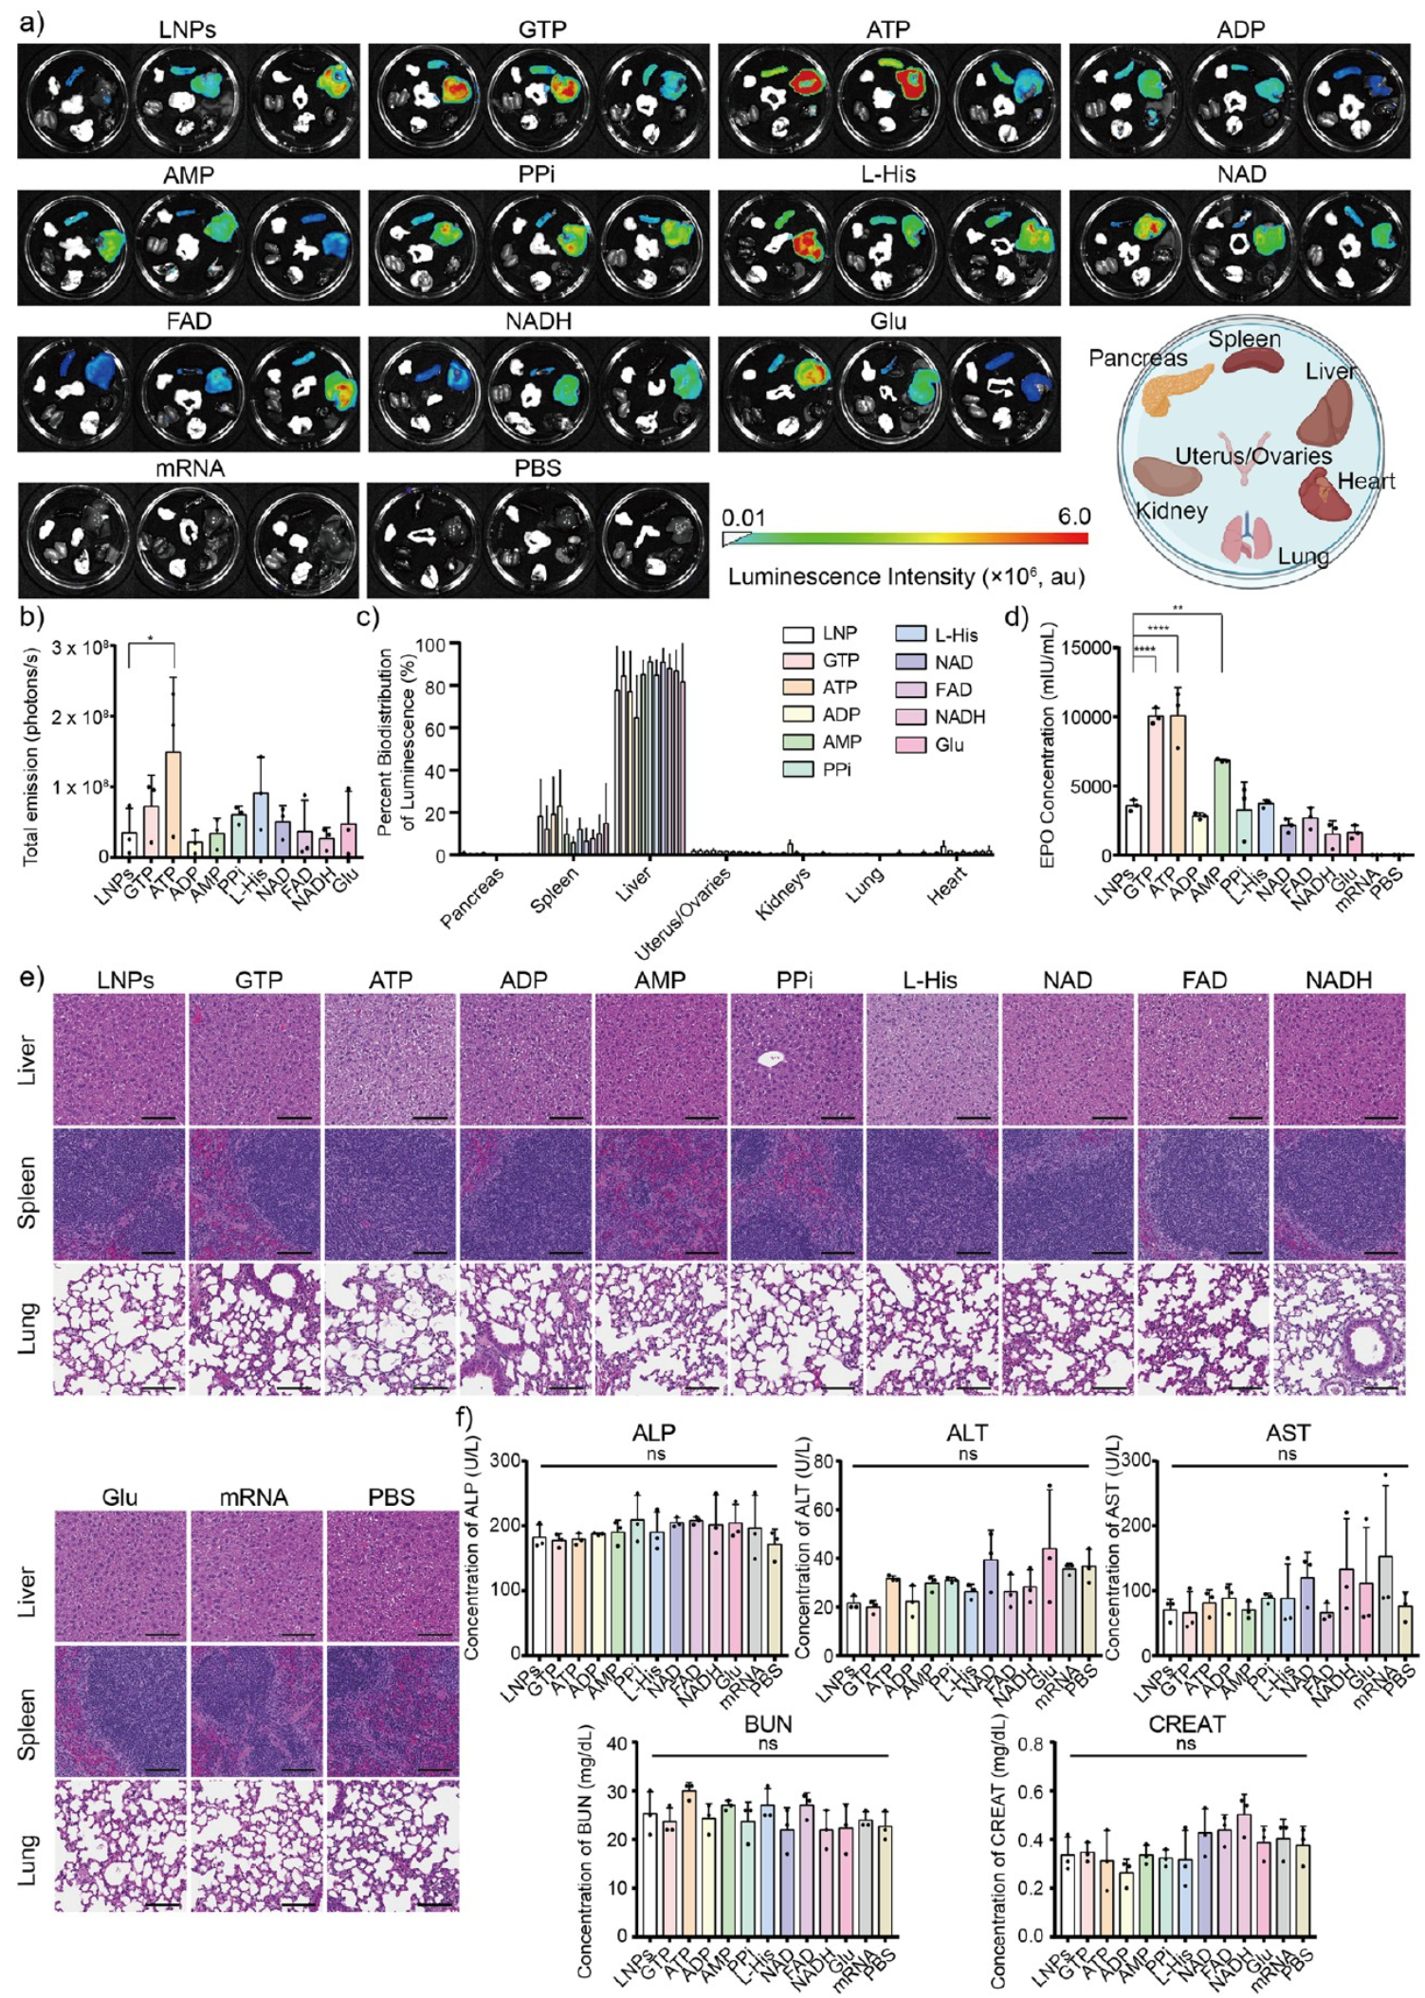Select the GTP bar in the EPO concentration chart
pyautogui.click(x=1155, y=787)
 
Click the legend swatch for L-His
pyautogui.click(x=911, y=635)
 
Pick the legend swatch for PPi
pyautogui.click(x=798, y=769)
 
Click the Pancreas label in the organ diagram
pyautogui.click(x=1137, y=358)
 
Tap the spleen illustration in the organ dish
pyautogui.click(x=1251, y=360)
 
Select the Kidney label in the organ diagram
pyautogui.click(x=1172, y=511)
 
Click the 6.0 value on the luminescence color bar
pyautogui.click(x=1073, y=517)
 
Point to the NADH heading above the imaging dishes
pyautogui.click(x=539, y=321)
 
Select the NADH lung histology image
pyautogui.click(x=1340, y=1329)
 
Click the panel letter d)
pyautogui.click(x=1016, y=617)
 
